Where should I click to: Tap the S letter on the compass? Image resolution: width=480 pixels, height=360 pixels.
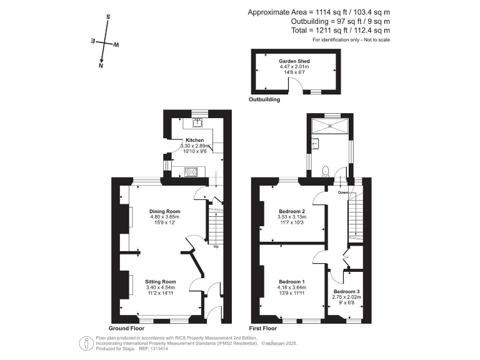108,17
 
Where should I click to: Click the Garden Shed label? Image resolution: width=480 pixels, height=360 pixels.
297,61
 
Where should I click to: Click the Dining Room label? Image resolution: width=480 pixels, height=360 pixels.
164,211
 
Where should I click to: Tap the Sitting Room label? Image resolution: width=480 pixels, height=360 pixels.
161,281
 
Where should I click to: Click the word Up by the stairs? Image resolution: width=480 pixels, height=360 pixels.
216,246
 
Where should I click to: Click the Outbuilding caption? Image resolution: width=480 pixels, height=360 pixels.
264,99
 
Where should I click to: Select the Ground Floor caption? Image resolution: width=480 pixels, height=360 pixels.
127,328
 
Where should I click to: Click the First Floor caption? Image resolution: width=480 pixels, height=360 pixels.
262,328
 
